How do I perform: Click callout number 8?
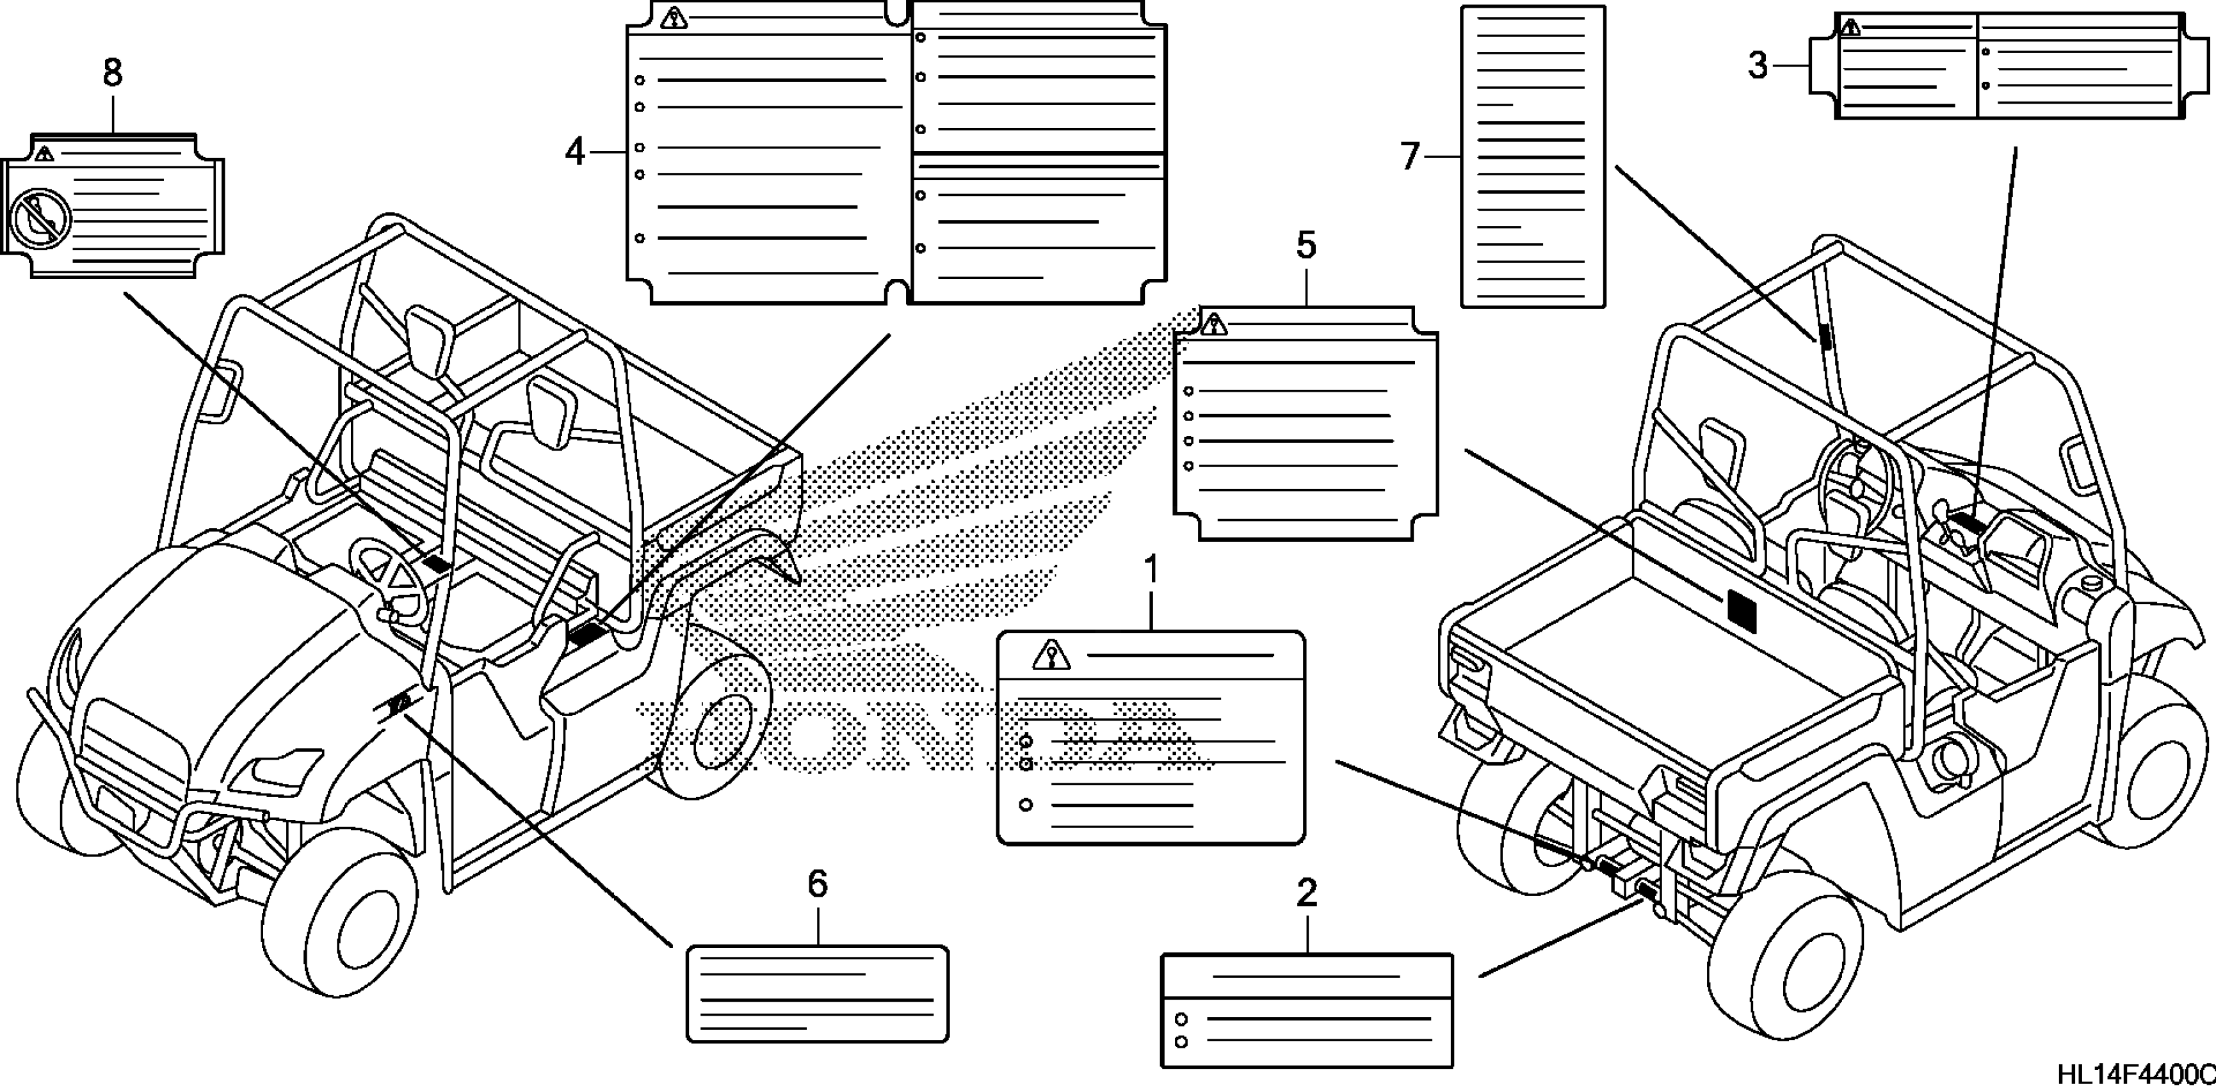[x=113, y=73]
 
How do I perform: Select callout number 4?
[x=574, y=153]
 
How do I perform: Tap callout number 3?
[x=1758, y=65]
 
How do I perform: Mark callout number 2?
[x=1306, y=893]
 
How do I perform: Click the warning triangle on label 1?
[x=1051, y=655]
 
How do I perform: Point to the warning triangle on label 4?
[x=674, y=17]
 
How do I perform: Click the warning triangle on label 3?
[x=1850, y=28]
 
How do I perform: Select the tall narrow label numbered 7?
[x=1533, y=157]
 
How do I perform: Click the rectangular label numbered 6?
[x=817, y=993]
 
